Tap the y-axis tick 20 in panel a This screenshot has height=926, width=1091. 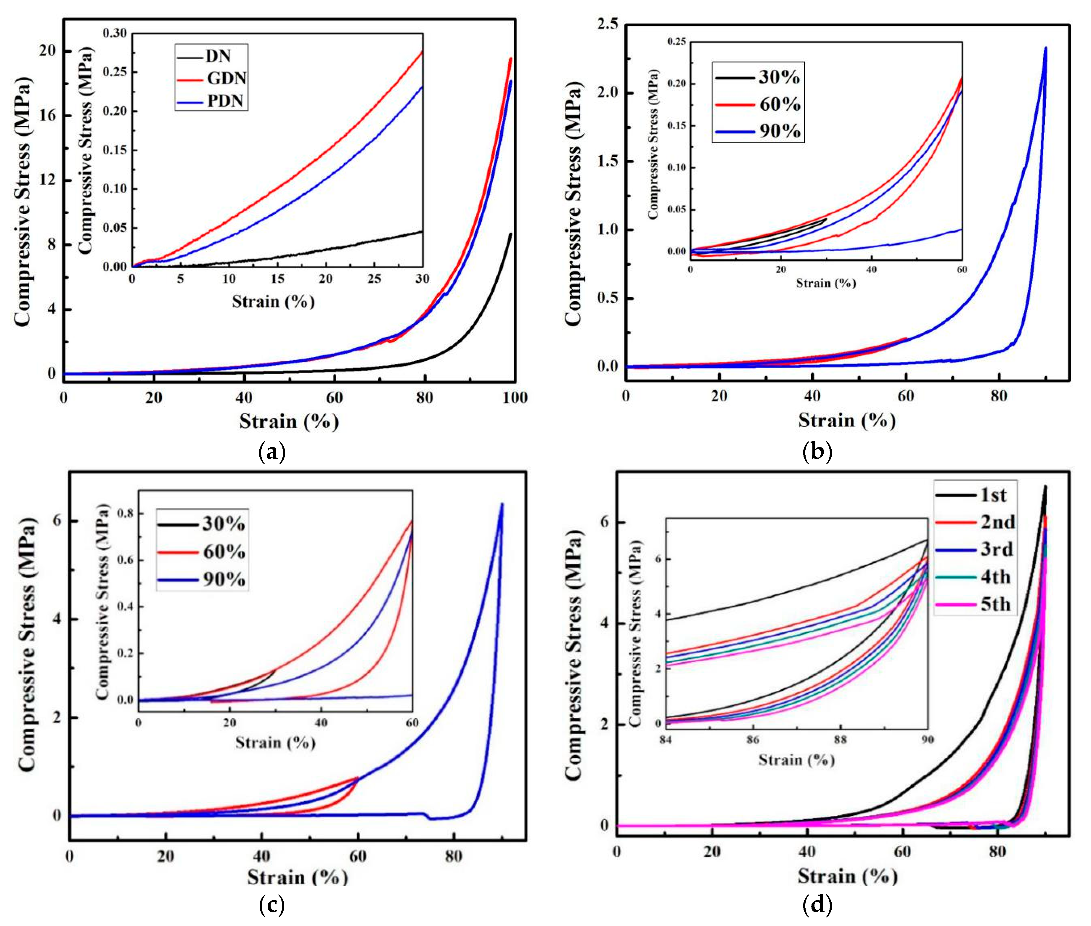coord(47,51)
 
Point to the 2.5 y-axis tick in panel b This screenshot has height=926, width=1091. coord(608,24)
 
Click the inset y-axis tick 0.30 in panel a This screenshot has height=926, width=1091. coord(114,33)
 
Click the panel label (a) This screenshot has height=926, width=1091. coord(272,452)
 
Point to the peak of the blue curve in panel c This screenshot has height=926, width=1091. coord(502,504)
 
